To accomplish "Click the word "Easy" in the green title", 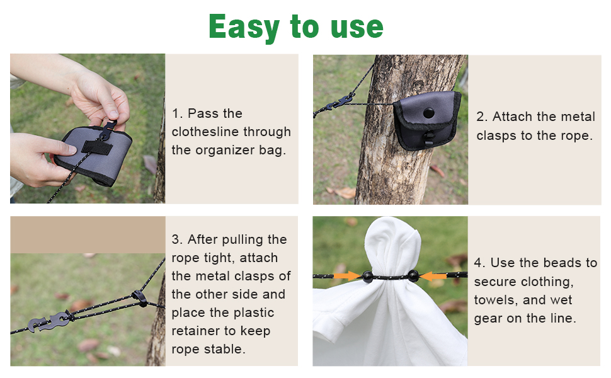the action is click(x=244, y=27).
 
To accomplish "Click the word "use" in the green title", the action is click(x=357, y=27).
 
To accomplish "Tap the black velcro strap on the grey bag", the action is click(x=96, y=147).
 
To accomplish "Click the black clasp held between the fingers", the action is click(x=108, y=130).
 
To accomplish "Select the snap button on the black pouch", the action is click(x=428, y=113).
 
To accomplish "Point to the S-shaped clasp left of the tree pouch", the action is click(x=340, y=102).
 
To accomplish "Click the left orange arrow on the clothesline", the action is click(x=348, y=276).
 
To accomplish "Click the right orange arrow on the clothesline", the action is click(x=433, y=277).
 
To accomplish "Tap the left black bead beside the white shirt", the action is click(x=367, y=277).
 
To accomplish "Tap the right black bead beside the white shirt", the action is click(x=413, y=276).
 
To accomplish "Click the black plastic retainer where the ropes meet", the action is click(x=140, y=298).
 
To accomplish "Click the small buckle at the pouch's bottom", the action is click(x=428, y=138).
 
